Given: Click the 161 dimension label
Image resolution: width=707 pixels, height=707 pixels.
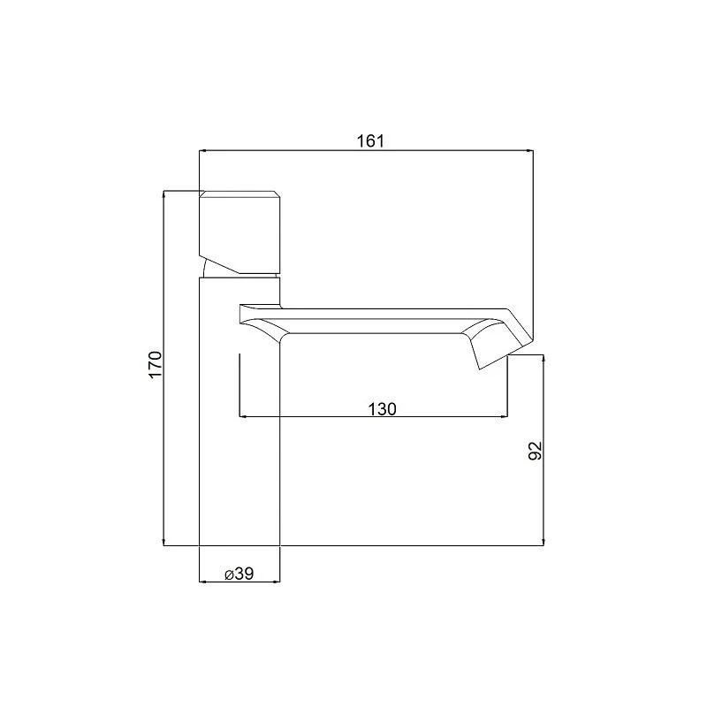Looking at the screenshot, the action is [x=370, y=141].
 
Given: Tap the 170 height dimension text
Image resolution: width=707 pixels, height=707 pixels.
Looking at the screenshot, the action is [x=156, y=364].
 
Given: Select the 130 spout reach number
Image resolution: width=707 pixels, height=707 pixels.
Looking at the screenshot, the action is [x=383, y=409].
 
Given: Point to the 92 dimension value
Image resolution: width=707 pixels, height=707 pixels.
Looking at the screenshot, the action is [x=535, y=451].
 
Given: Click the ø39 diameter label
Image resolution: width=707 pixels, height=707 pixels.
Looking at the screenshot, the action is [x=239, y=574].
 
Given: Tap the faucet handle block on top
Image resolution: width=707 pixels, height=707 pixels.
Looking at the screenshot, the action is [x=239, y=232].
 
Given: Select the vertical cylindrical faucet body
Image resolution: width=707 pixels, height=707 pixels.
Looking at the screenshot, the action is [x=239, y=411].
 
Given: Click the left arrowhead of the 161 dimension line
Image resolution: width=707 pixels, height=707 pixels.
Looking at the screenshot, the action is [x=202, y=150].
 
